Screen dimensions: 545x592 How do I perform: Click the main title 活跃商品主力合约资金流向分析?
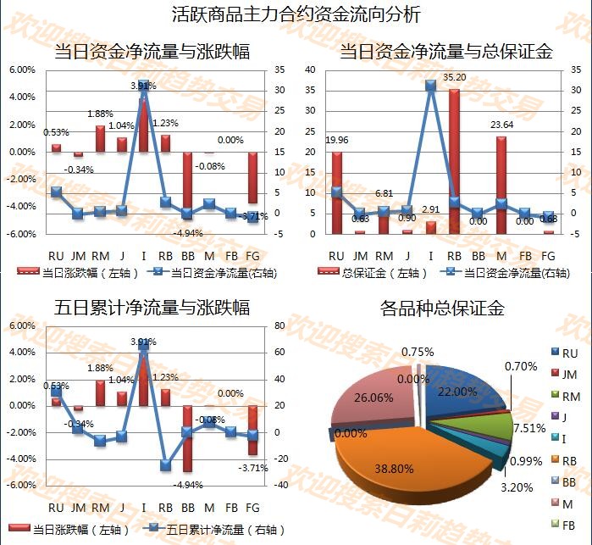[295, 14]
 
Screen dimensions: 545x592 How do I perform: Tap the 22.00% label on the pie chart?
[458, 392]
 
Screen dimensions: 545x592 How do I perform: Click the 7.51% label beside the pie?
[531, 427]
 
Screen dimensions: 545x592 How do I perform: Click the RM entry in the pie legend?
[569, 396]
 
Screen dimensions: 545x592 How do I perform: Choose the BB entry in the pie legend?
[569, 481]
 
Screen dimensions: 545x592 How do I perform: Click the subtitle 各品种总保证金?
[442, 309]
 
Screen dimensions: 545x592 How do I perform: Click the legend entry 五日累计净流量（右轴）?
[221, 530]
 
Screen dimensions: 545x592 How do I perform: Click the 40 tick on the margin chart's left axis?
[311, 70]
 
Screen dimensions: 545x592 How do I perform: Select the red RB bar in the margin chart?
[454, 161]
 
